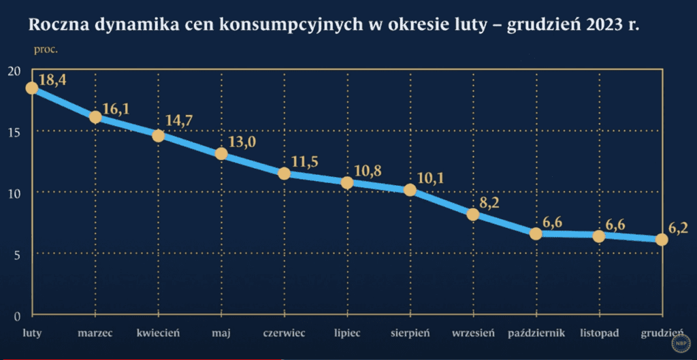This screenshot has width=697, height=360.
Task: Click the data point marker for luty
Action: point(31,88)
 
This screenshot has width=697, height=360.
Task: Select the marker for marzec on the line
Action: point(95,117)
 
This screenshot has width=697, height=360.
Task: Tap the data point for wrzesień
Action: point(473,214)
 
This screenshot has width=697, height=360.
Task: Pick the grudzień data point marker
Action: point(661,239)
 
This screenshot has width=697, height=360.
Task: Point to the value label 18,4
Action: point(53,80)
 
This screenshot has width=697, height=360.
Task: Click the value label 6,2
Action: point(679,227)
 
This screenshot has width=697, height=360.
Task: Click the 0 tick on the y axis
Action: point(17,315)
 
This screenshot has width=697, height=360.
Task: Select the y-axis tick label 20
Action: point(14,71)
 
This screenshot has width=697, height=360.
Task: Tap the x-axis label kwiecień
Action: point(158,333)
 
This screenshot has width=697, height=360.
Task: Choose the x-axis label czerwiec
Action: point(285,333)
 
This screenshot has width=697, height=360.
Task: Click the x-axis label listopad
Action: point(599,333)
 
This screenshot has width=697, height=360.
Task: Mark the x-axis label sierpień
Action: point(410,333)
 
